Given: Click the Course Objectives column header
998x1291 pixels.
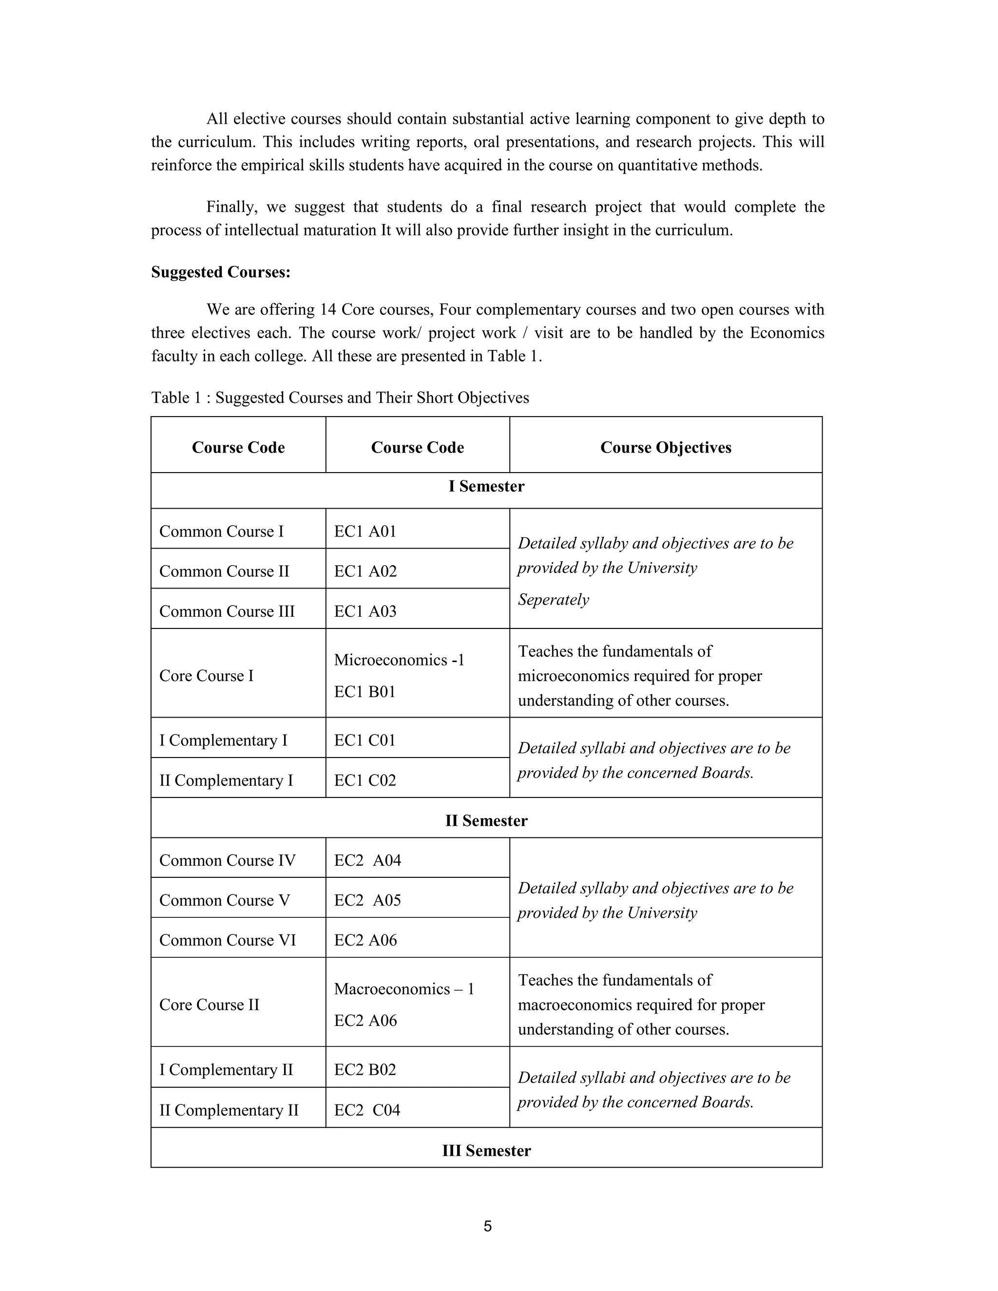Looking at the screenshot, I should click(x=665, y=448).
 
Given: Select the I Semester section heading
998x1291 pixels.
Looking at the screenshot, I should click(x=486, y=487).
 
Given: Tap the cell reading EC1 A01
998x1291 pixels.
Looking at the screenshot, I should click(x=365, y=532).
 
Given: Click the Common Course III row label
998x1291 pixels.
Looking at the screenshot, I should click(x=227, y=611).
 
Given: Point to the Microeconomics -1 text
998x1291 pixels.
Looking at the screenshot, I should click(x=399, y=660).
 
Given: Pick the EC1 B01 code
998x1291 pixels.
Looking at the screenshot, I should click(x=364, y=692).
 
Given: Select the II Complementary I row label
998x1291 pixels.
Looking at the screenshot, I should click(x=226, y=780).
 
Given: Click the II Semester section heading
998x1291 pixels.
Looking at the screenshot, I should click(x=486, y=820).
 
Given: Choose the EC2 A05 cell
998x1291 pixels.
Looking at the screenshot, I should click(x=367, y=900).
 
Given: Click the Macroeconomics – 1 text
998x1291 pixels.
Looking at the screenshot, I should click(x=404, y=989).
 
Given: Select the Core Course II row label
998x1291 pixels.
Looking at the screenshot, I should click(x=209, y=1005).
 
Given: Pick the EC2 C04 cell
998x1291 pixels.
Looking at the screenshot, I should click(x=366, y=1110).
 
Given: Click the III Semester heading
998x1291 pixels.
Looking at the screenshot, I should click(x=486, y=1150).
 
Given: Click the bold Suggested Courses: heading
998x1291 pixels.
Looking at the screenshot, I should click(x=221, y=272).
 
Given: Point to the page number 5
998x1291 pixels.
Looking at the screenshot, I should click(x=487, y=1226).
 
